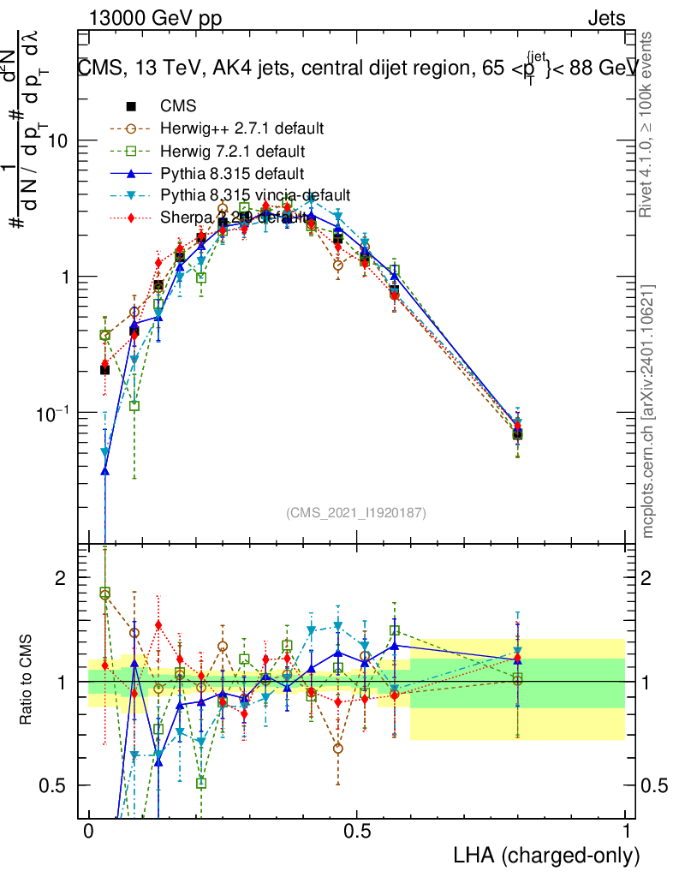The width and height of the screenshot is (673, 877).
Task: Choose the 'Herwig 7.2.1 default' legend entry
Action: click(233, 152)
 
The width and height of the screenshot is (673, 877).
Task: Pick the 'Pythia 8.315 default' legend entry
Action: click(230, 174)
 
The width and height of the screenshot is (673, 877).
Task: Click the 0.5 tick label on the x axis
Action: click(357, 832)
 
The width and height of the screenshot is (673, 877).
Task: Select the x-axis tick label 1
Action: click(626, 832)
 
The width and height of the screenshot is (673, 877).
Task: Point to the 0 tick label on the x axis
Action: click(88, 832)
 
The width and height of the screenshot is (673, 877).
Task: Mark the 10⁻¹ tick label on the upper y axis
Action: click(53, 412)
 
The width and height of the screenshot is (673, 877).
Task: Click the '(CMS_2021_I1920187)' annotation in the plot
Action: click(356, 512)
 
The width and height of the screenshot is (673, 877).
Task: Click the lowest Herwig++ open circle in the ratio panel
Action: click(338, 748)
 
